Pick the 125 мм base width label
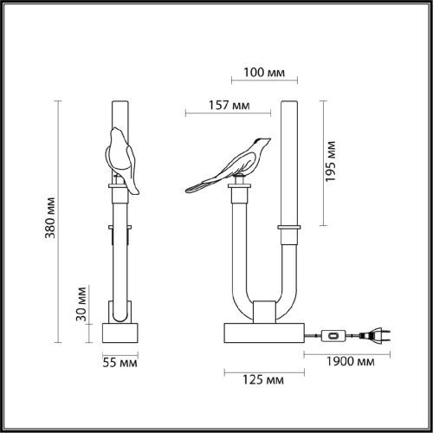265,380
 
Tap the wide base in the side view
265,334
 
